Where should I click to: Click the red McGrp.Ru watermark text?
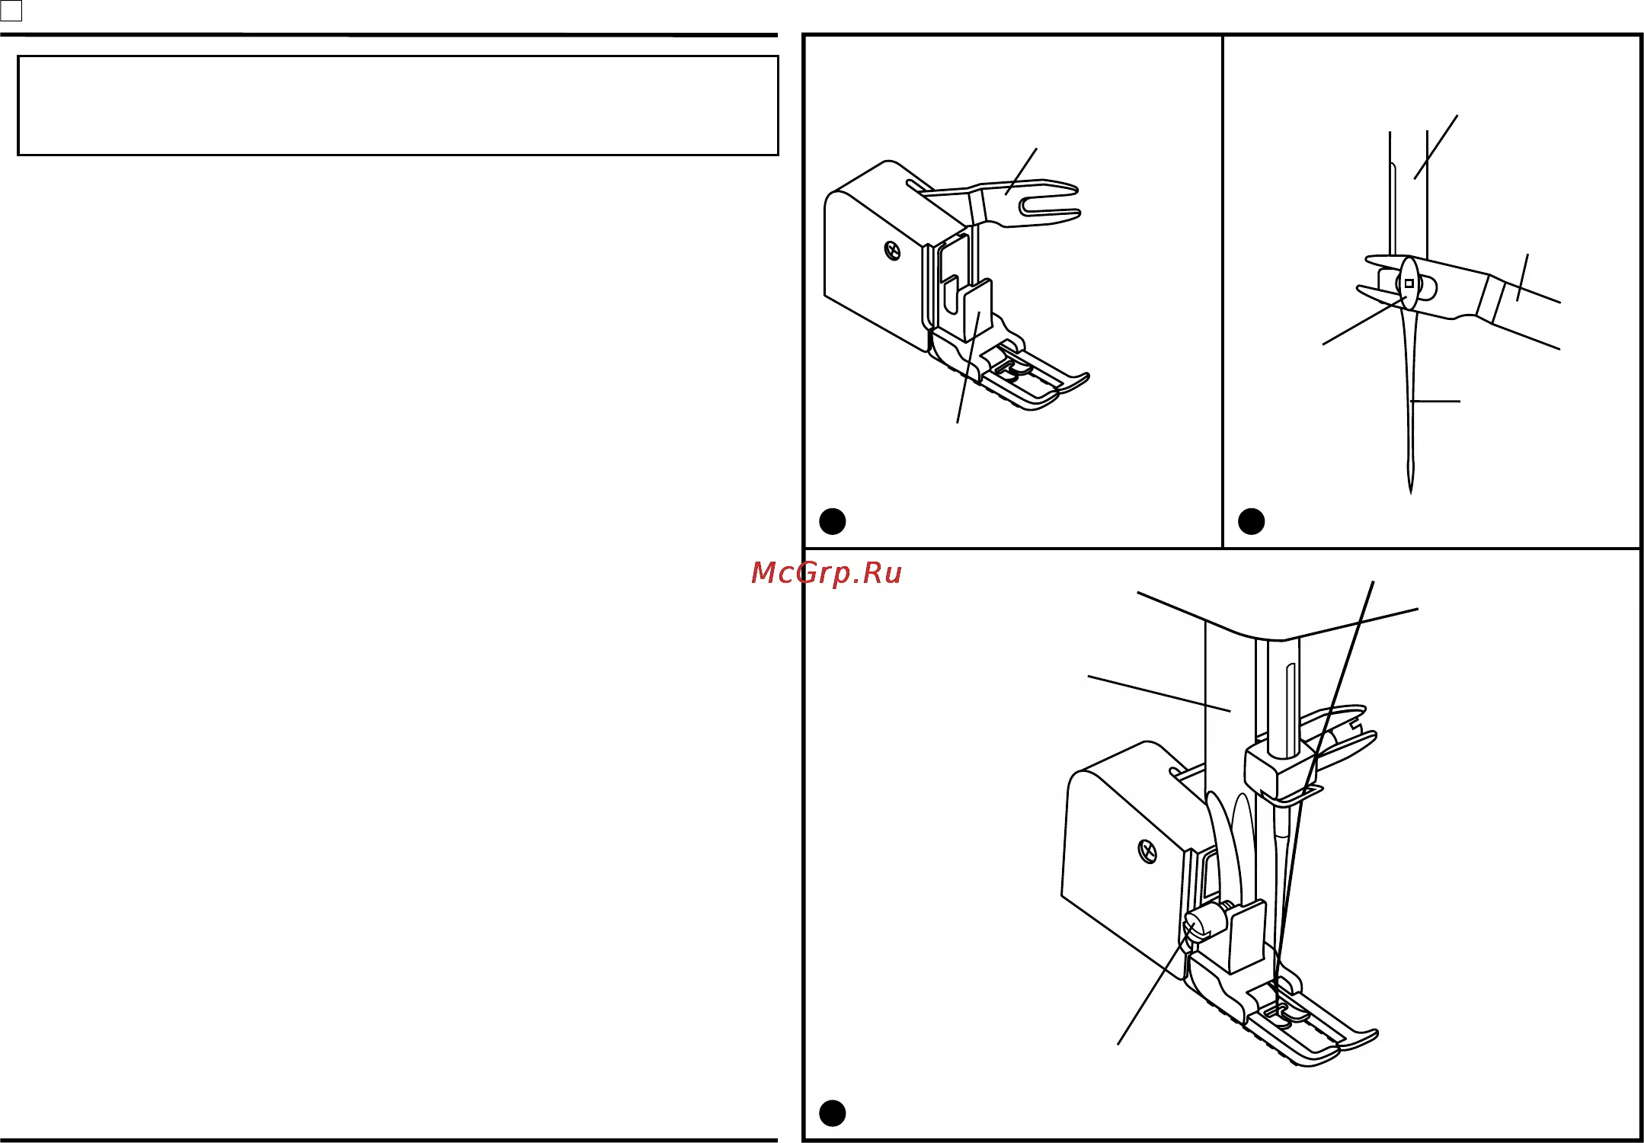pos(826,573)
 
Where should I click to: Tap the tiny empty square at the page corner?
pos(11,11)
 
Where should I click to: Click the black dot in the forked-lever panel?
pos(832,521)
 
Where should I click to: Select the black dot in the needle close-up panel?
pos(1251,521)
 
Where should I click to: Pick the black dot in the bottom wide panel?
pos(832,1113)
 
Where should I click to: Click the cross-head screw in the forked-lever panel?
pos(892,250)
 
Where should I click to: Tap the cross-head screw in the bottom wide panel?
pos(1147,851)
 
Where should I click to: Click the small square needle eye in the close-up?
pos(1409,283)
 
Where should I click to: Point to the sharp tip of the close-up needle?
pos(1411,491)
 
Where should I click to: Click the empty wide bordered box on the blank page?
pos(398,105)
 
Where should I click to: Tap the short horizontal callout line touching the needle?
pos(1435,401)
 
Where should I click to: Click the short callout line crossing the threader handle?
pos(1522,277)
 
